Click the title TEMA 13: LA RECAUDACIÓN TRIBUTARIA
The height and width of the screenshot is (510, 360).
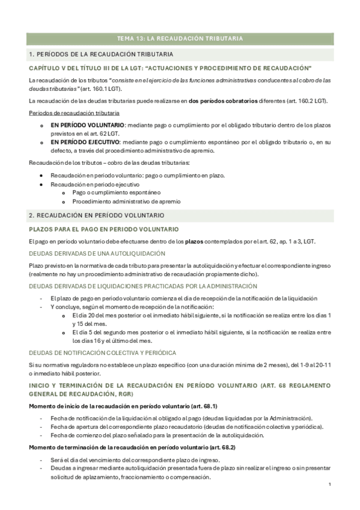click(180, 38)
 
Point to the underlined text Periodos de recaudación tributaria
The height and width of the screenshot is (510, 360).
click(74, 113)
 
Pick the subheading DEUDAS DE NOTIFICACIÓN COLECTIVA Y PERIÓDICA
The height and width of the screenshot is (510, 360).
click(102, 352)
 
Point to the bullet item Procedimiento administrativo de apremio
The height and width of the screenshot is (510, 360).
click(126, 201)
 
